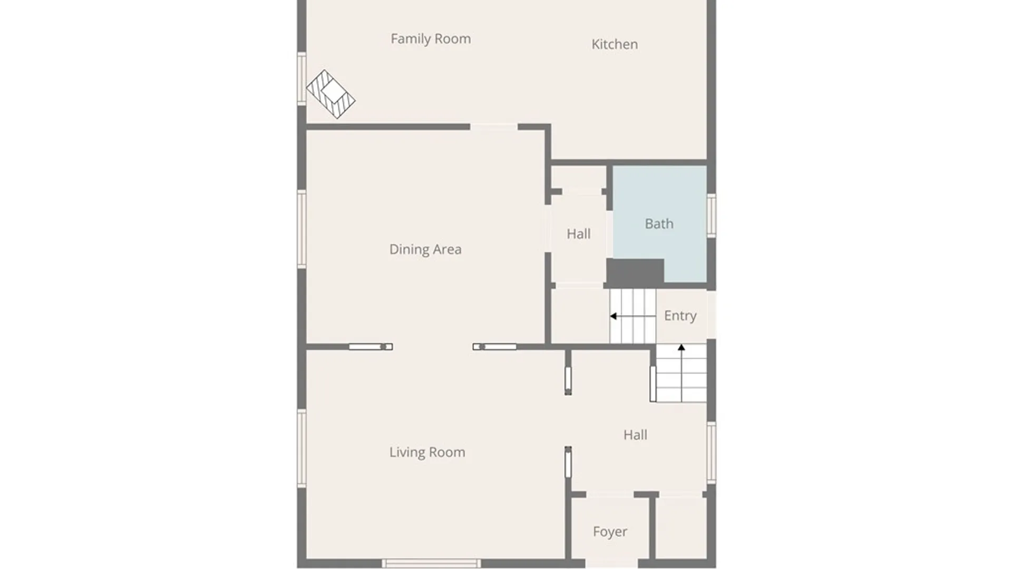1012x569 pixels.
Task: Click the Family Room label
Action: pos(431,39)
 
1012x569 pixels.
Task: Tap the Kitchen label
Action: pos(615,44)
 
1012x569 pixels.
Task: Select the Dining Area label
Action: pos(425,250)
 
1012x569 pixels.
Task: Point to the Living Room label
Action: pos(427,453)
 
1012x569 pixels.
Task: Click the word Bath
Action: pos(659,224)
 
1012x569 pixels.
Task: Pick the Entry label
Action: pos(680,316)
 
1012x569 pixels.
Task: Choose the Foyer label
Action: pos(610,532)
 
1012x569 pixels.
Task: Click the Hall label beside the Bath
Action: pos(579,234)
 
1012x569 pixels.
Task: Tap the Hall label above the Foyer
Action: pos(635,435)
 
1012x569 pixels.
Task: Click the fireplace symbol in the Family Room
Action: pos(330,94)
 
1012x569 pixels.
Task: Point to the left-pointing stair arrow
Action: pos(632,316)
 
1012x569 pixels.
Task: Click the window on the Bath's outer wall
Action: pos(711,215)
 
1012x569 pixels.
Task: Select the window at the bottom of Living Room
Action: pos(431,564)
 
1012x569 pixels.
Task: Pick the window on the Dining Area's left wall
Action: pos(301,229)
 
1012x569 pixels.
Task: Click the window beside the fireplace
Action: pos(301,79)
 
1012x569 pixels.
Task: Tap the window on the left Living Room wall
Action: pos(301,448)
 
